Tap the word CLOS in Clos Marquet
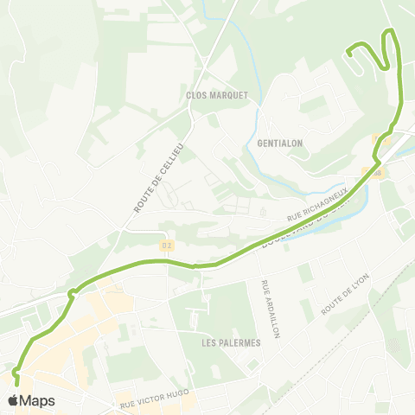pos(198,95)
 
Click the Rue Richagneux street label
pos(316,205)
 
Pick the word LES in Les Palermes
pos(210,343)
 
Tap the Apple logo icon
pos(13,400)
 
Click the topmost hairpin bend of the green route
pos(390,32)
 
